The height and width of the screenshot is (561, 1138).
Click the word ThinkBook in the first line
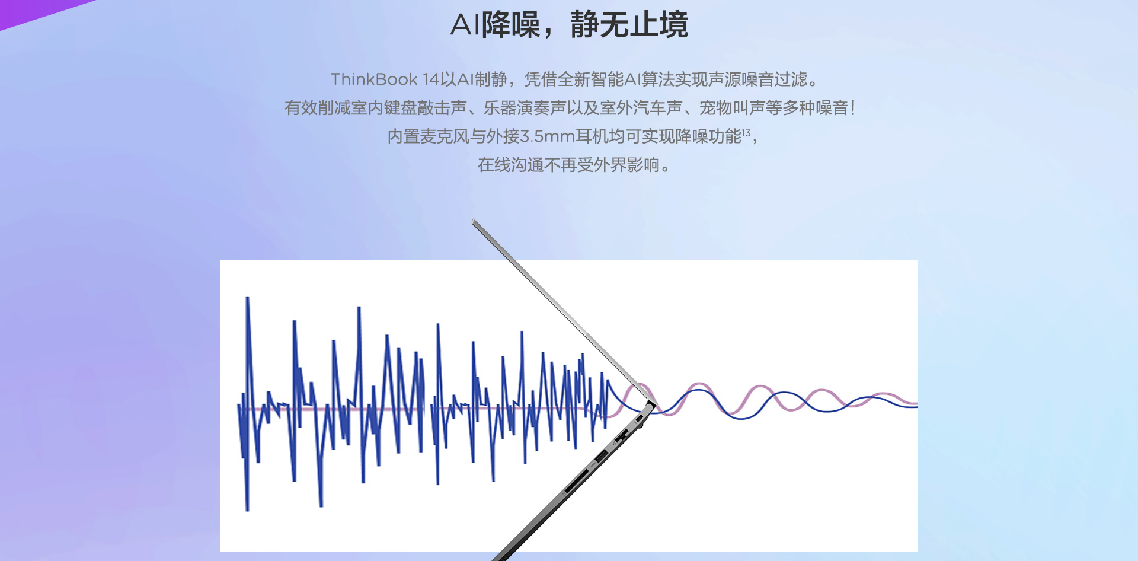pos(374,79)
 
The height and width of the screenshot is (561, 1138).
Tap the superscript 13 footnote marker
pos(746,132)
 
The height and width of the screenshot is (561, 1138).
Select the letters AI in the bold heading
pos(465,25)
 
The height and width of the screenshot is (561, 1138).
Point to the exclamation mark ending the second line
pos(853,107)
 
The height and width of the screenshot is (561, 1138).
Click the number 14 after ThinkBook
pos(431,79)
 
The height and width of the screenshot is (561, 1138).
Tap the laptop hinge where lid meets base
pos(650,406)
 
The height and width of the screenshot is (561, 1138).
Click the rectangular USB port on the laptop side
pos(600,457)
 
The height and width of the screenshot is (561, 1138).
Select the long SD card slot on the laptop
pos(576,482)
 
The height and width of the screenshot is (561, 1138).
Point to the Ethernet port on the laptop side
pos(621,438)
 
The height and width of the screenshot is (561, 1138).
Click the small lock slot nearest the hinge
pos(640,420)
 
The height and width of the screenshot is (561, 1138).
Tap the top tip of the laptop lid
pos(473,221)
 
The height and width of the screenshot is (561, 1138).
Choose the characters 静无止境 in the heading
pos(629,25)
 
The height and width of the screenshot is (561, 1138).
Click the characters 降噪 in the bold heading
pos(511,25)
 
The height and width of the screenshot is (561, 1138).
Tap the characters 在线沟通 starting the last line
pos(511,164)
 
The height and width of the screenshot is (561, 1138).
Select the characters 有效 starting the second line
pos(301,107)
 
